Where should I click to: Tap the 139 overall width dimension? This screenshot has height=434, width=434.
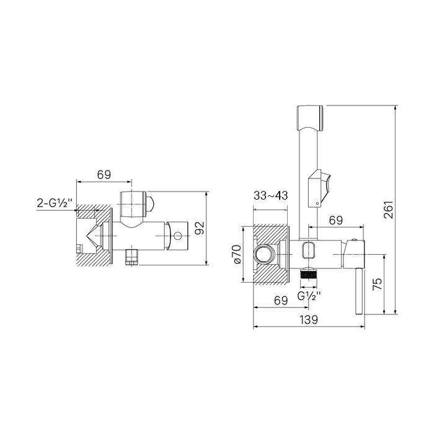[x=309, y=320]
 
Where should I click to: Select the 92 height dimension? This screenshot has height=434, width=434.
[x=200, y=228]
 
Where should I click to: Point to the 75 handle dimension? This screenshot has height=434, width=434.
[x=377, y=284]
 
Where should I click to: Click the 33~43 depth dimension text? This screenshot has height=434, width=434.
[x=271, y=195]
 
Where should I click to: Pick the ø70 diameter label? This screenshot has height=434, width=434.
[x=237, y=254]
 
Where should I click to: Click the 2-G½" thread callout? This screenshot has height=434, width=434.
[x=55, y=203]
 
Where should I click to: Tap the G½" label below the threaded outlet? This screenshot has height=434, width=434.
[x=309, y=296]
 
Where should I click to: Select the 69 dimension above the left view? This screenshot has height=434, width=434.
[x=104, y=174]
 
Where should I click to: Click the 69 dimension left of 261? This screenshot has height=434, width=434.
[x=336, y=220]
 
